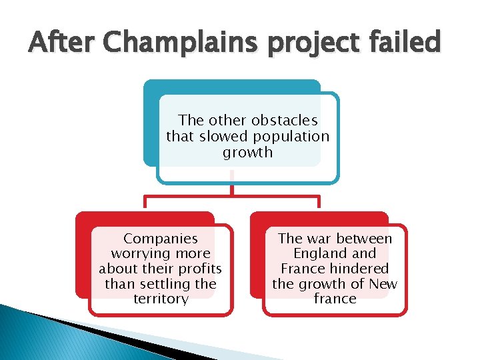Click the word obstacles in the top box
283,121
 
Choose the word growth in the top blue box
247,152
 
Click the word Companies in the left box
161,238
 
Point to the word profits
197,269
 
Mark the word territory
161,299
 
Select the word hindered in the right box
361,269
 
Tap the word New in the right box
384,284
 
